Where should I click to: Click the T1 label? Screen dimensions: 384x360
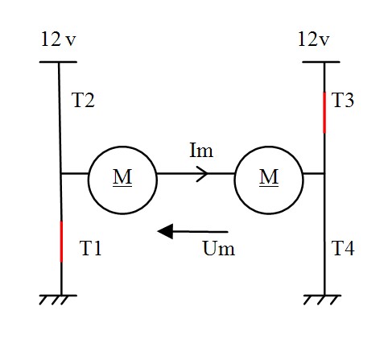pos(90,248)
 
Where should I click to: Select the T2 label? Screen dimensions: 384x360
pos(83,100)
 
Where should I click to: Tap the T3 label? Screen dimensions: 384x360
pos(343,100)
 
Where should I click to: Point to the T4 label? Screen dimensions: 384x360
pos(343,248)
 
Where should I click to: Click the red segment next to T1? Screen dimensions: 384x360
pos(61,242)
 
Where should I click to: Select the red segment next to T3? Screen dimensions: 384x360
pos(324,113)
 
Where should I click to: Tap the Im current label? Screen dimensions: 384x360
pos(201,151)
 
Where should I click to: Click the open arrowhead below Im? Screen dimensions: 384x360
pos(203,174)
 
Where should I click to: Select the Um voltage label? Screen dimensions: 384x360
pos(219,248)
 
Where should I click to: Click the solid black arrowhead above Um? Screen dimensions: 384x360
pos(165,231)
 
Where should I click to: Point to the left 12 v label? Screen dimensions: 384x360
pos(59,39)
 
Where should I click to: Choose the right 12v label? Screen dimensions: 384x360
pos(313,39)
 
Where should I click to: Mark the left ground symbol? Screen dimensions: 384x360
pos(58,300)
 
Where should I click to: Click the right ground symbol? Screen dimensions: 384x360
pos(322,300)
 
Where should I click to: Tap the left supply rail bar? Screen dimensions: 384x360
pos(58,62)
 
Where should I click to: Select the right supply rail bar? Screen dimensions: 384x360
pos(321,62)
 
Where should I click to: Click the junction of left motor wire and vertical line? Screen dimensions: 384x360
pos(60,174)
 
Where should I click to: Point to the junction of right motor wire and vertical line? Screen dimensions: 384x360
pos(324,174)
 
